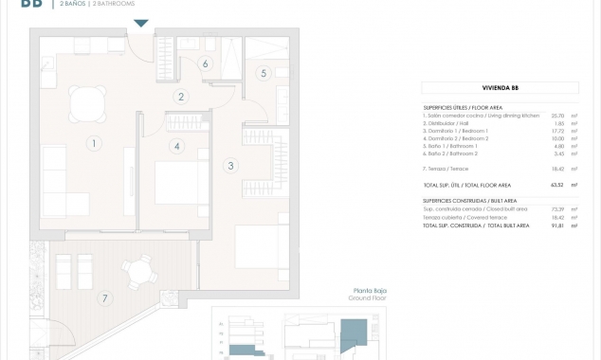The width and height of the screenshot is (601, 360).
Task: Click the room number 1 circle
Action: (94, 144)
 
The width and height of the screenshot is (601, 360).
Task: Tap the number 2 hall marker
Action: (181, 97)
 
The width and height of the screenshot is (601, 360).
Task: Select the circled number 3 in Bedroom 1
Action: (230, 166)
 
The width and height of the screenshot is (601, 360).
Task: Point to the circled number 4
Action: (176, 146)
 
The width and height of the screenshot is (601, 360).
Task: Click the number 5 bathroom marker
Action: (264, 73)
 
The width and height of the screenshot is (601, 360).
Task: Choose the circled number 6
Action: (205, 64)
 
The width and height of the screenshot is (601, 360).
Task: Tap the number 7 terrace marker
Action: (105, 297)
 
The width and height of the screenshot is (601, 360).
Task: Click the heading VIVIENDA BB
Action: (501, 88)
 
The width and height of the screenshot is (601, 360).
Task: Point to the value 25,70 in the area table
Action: (556, 116)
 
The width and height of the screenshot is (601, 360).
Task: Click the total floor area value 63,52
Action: (556, 185)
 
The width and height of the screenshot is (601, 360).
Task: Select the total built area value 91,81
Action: (556, 225)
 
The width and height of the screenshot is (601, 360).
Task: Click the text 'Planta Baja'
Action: (369, 291)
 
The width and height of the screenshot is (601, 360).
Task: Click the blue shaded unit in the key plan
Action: (353, 334)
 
